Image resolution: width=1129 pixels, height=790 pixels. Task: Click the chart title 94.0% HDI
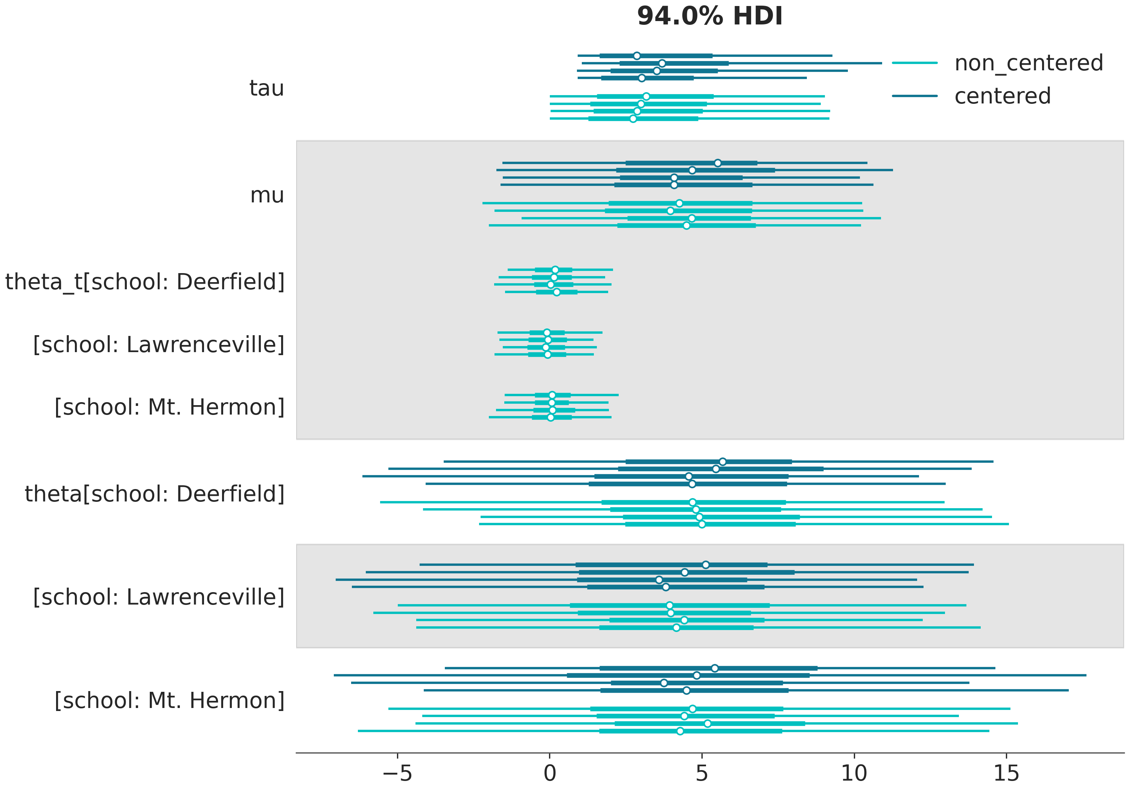pos(709,16)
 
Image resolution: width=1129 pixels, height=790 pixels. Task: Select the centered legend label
pos(1002,96)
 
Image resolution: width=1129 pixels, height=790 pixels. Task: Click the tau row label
pos(266,88)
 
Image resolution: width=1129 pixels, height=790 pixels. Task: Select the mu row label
pos(267,195)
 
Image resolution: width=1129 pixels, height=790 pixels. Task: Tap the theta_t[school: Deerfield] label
pos(145,282)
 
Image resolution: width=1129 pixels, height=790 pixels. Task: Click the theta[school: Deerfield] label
pos(155,494)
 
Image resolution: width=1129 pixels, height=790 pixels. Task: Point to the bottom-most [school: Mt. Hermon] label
pos(170,700)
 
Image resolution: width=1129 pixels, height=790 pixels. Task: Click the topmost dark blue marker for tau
pos(637,56)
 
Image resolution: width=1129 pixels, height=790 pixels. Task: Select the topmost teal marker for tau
pos(646,96)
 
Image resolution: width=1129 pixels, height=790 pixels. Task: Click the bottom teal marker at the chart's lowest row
pos(680,731)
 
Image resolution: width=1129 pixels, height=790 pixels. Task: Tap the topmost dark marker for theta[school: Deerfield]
pos(722,462)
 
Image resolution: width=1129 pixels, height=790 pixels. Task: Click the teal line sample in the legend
pos(914,63)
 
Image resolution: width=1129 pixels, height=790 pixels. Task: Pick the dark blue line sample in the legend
pos(914,96)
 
